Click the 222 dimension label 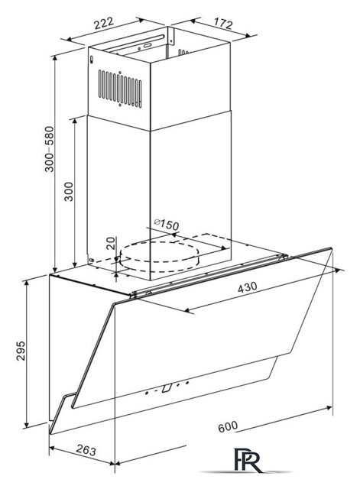tap(104, 23)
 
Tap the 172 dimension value tap(223, 23)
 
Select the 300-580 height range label tap(49, 149)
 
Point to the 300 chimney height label tap(69, 191)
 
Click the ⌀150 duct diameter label tap(167, 224)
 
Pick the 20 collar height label tap(110, 243)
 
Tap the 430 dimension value tap(248, 287)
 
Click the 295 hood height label tap(21, 351)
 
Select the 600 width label tap(228, 426)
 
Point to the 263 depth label tap(86, 450)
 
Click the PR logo tap(248, 460)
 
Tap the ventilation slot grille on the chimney tap(120, 89)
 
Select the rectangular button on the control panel tap(167, 387)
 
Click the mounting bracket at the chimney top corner tap(170, 35)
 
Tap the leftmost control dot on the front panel tap(147, 393)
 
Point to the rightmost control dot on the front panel tap(187, 382)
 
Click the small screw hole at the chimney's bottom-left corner tap(91, 260)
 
